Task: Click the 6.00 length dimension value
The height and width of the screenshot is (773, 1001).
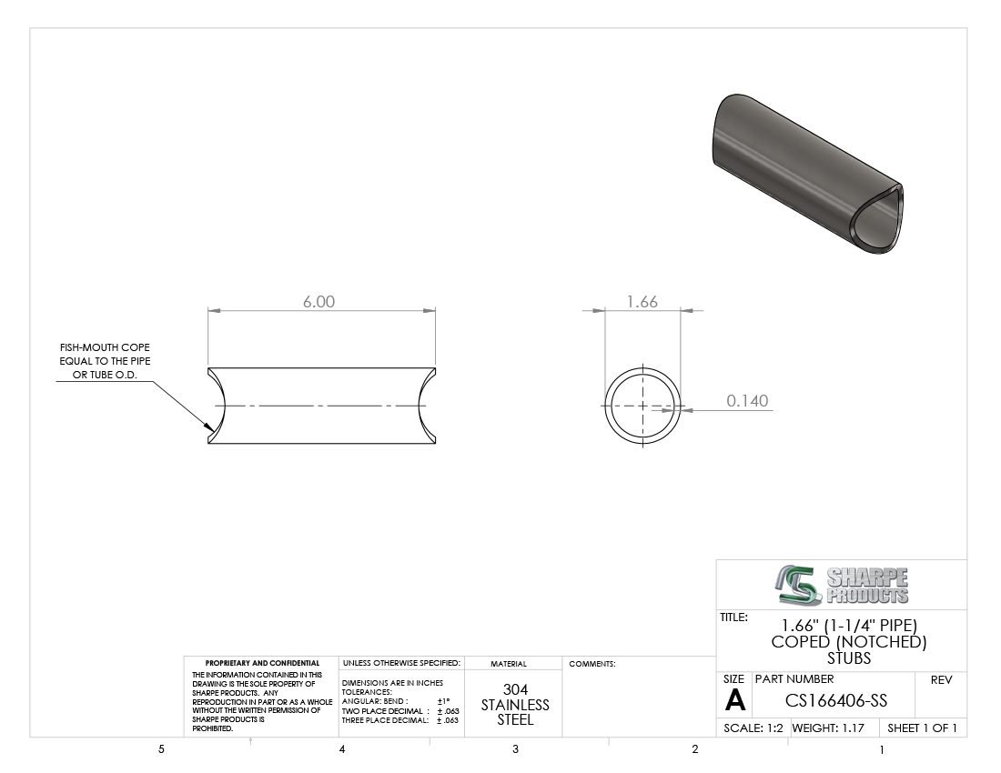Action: pos(318,302)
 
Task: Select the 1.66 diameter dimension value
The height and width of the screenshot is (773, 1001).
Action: pos(642,302)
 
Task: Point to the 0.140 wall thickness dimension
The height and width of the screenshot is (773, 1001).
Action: pos(747,400)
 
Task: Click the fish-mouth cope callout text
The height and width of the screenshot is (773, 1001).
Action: pos(106,361)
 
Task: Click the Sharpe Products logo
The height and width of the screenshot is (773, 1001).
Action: pos(843,585)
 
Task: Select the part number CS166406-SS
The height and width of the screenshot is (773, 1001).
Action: pos(835,701)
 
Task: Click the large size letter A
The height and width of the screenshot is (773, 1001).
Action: pos(734,700)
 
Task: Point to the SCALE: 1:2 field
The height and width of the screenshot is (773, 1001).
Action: pos(753,728)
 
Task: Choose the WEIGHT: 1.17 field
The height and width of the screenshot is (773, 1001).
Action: pos(828,728)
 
